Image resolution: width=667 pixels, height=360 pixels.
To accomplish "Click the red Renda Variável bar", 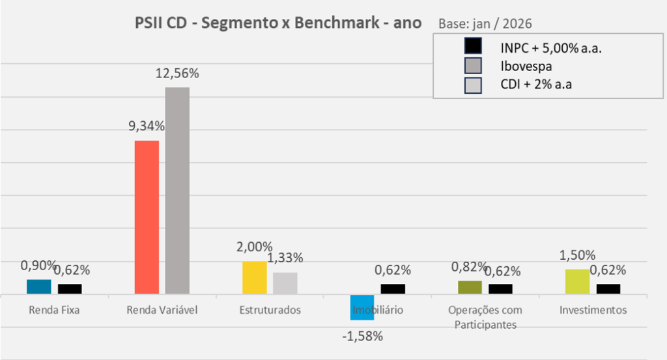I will tap(147, 217).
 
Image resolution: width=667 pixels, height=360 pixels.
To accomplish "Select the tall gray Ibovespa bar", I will tap(177, 190).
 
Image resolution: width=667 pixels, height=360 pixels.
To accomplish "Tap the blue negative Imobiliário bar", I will tap(362, 307).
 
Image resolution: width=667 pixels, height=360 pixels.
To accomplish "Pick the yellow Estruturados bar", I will tap(255, 278).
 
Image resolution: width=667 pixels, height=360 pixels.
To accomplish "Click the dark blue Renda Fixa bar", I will tap(39, 287).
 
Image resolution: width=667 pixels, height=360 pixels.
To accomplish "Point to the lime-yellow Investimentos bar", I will tap(577, 282).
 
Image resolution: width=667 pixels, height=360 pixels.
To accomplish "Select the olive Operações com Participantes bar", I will tap(470, 288).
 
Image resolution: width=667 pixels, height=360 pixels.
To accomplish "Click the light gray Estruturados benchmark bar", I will tap(285, 283).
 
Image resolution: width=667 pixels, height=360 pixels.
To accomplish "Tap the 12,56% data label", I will tap(177, 74).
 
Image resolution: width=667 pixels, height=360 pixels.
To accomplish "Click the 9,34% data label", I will tap(147, 127).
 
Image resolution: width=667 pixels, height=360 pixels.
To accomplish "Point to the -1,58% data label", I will tap(362, 337).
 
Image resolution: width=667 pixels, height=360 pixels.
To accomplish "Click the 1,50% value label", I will tap(577, 255).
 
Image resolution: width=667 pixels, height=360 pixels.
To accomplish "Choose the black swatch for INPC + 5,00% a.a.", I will tap(473, 47).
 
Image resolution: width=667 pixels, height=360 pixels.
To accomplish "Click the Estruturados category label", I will tap(270, 310).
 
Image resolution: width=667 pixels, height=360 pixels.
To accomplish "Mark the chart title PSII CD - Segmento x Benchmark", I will tap(277, 23).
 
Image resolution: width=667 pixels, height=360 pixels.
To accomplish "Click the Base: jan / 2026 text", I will tap(485, 24).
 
